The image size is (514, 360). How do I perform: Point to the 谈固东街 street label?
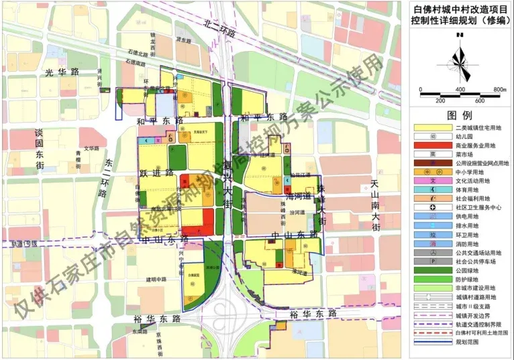pyautogui.click(x=40, y=149)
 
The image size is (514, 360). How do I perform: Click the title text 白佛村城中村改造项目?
pyautogui.click(x=460, y=9)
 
